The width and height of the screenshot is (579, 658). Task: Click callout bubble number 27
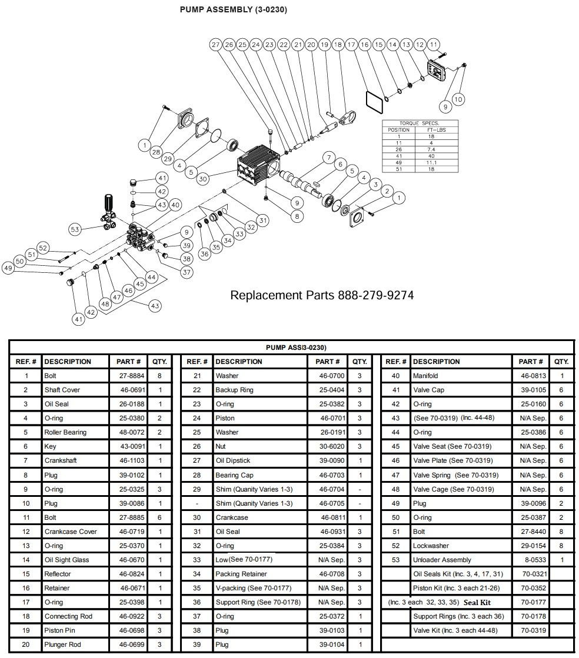point(216,45)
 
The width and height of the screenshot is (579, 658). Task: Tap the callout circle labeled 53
point(75,229)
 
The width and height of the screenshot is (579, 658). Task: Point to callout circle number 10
point(458,99)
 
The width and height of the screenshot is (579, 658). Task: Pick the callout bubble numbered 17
point(352,45)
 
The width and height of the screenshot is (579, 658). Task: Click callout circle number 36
point(204,254)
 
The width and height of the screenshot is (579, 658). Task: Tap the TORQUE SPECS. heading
point(420,123)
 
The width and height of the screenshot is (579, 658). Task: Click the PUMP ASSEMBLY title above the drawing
point(234,10)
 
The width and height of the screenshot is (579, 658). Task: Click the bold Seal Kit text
point(477,602)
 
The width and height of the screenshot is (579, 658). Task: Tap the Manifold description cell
point(425,376)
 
